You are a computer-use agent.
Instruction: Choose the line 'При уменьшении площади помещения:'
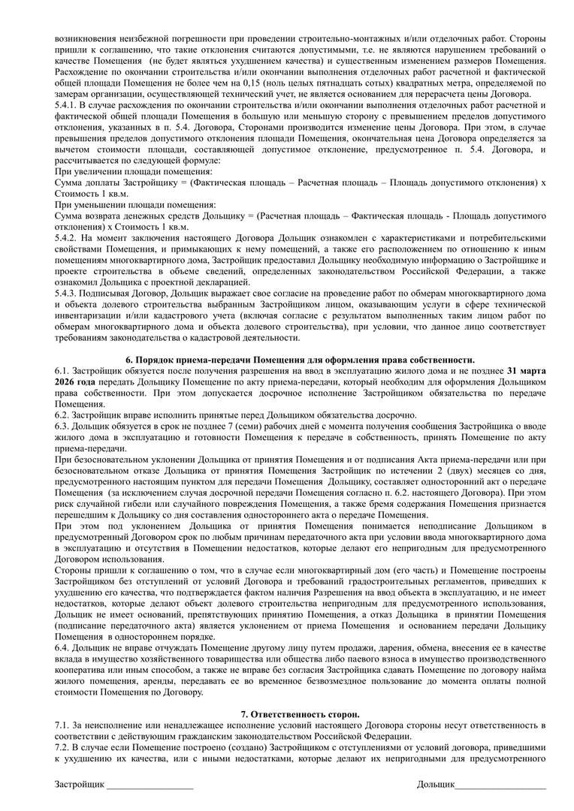point(134,204)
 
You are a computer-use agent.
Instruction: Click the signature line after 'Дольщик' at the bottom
point(500,785)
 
